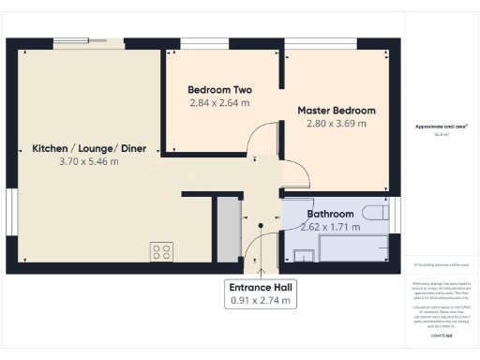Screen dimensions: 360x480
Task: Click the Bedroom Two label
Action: (x=220, y=90)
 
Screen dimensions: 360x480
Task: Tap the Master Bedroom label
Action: (x=337, y=111)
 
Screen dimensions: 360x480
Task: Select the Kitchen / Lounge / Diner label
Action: (x=76, y=149)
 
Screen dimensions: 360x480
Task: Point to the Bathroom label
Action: (x=328, y=214)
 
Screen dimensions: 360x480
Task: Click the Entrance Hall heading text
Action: (x=262, y=287)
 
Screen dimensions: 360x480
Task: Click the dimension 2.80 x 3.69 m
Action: (x=337, y=123)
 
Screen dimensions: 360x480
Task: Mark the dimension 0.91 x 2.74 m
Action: (x=262, y=301)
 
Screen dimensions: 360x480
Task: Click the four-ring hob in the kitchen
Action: (x=161, y=251)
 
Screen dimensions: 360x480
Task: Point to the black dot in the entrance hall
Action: (x=260, y=225)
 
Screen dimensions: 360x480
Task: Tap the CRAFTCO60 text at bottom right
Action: (x=441, y=335)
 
